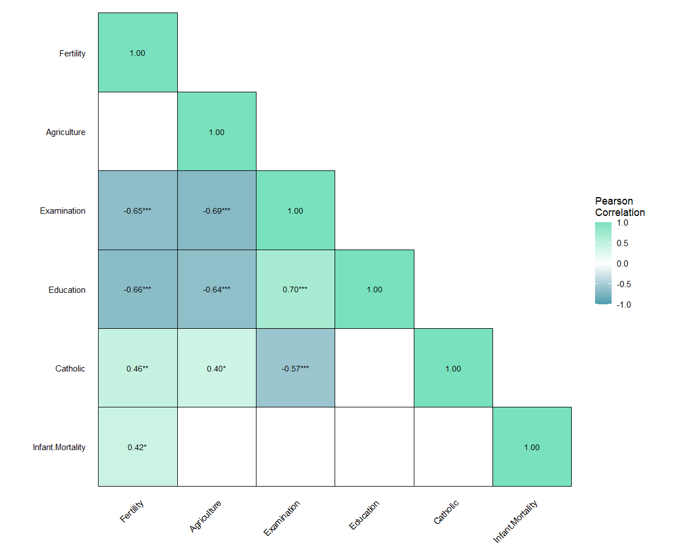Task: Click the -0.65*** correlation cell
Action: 137,211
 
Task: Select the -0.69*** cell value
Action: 217,211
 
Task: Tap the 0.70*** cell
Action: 295,289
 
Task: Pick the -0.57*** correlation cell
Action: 295,369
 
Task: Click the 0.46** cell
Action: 137,369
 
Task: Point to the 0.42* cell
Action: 137,447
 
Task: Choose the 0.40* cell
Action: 217,369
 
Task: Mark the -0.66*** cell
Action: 137,289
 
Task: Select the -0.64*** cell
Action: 217,289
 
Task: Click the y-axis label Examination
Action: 63,211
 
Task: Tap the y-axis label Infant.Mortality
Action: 59,447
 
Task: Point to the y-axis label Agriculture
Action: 66,132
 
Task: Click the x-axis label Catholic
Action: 446,512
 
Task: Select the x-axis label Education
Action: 364,515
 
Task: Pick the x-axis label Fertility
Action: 132,512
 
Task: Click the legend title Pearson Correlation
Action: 620,207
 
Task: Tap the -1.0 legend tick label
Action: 623,305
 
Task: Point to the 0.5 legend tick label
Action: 622,243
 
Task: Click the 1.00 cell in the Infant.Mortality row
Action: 532,447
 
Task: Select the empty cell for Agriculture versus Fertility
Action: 137,132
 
